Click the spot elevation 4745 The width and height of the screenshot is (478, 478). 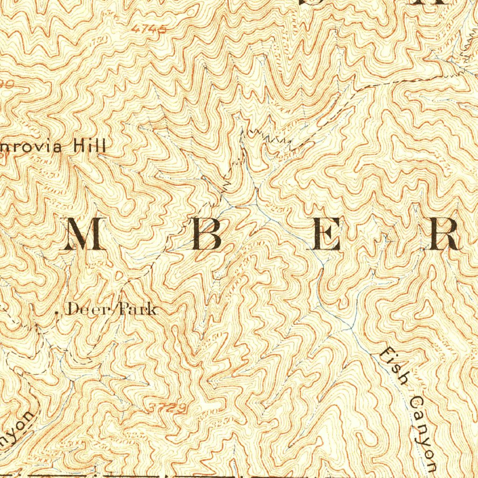click(x=149, y=29)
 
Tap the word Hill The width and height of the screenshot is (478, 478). click(x=90, y=147)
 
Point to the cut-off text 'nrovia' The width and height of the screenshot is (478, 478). click(x=30, y=148)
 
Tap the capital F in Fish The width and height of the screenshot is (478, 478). click(x=386, y=356)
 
